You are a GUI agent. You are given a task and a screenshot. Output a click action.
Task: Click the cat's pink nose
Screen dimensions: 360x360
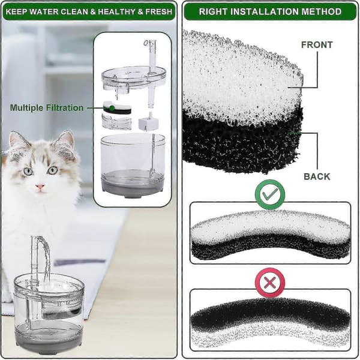[40, 187]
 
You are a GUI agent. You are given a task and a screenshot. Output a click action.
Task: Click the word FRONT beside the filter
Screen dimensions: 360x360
[317, 45]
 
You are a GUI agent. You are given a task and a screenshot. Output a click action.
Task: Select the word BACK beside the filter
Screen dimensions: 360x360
[317, 176]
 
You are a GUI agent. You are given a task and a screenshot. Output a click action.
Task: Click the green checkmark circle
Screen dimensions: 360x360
[270, 194]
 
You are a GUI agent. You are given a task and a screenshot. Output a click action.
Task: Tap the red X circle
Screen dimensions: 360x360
[270, 283]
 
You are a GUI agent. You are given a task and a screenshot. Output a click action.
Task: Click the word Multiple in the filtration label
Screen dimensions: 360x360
[26, 108]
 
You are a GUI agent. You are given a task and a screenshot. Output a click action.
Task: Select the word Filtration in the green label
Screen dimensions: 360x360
[65, 108]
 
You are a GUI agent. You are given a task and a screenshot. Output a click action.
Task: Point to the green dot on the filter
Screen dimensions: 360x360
[112, 108]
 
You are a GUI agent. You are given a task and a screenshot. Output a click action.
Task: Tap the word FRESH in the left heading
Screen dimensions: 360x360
[158, 11]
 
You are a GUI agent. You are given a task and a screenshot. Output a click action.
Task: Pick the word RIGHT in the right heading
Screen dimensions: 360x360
[213, 11]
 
